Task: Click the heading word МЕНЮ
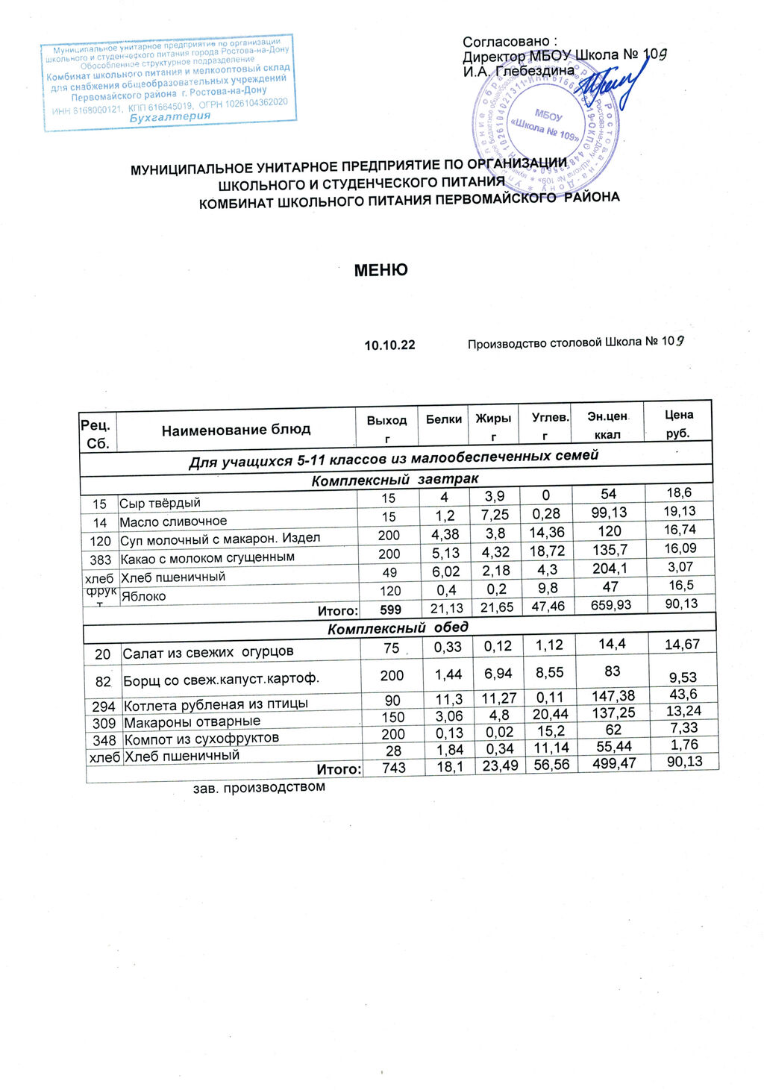tap(381, 270)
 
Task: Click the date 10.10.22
tap(389, 345)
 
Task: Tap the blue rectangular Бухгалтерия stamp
tap(169, 82)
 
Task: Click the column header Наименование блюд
tap(236, 430)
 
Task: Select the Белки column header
tap(444, 419)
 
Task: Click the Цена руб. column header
tap(679, 424)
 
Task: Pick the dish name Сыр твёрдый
tap(160, 504)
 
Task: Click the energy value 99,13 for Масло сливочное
tap(609, 513)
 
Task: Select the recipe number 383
tap(100, 560)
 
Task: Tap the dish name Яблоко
tap(143, 596)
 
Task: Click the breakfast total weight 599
tap(390, 610)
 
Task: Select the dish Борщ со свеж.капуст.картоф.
tap(221, 680)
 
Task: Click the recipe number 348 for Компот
tap(104, 741)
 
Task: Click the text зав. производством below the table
tap(259, 787)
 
